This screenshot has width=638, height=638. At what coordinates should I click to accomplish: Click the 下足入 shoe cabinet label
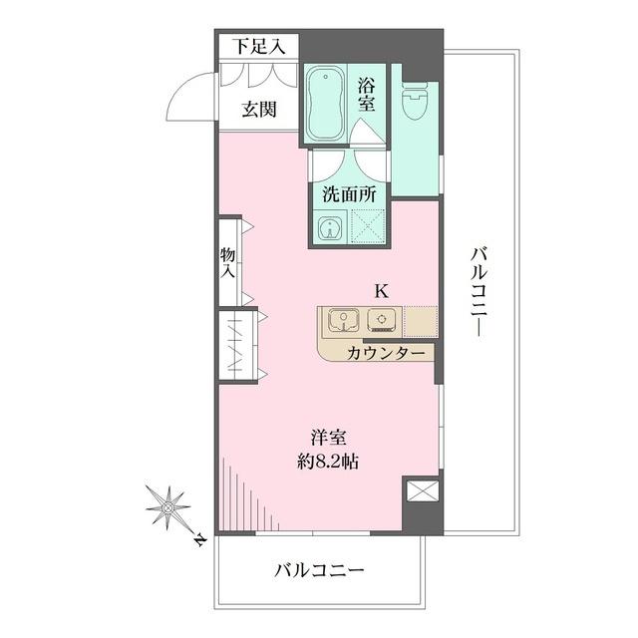[x=259, y=45]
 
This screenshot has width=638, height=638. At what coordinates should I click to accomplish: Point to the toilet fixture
[x=414, y=101]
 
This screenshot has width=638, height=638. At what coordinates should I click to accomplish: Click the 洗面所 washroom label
[x=348, y=193]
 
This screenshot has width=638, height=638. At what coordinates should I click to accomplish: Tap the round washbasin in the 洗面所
[x=330, y=228]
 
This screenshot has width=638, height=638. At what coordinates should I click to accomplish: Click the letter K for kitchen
[x=380, y=291]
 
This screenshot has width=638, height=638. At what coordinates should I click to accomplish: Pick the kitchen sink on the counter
[x=342, y=321]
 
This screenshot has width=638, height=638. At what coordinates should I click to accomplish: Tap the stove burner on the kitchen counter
[x=381, y=320]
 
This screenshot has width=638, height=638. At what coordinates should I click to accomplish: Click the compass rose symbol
[x=168, y=507]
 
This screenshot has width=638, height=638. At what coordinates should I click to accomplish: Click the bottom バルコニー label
[x=318, y=571]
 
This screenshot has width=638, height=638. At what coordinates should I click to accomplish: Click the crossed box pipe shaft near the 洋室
[x=420, y=493]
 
